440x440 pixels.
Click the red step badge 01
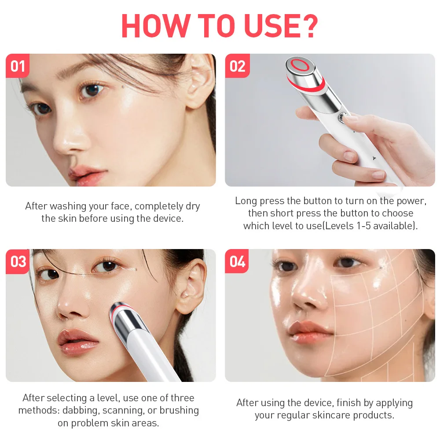(18, 66)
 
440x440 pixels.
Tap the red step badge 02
(237, 66)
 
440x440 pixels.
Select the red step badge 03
(18, 261)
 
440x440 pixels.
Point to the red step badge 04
(237, 261)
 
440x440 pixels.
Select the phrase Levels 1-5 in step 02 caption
(384, 226)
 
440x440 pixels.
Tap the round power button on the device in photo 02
(341, 117)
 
